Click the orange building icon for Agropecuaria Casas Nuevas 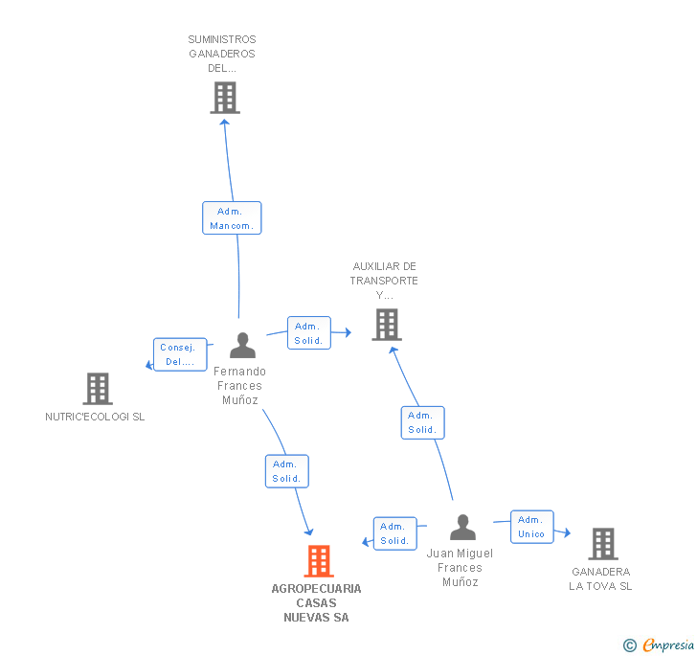click(318, 561)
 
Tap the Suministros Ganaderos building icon click(225, 98)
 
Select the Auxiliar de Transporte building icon click(386, 325)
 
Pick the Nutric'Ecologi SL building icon click(98, 389)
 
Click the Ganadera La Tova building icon click(602, 544)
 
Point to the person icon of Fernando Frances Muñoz click(243, 346)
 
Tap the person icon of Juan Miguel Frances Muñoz click(462, 528)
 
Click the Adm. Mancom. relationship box click(232, 218)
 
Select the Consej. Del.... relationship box click(179, 354)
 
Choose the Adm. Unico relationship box click(531, 527)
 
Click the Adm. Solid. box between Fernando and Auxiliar click(308, 333)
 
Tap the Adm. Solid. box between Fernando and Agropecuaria click(286, 471)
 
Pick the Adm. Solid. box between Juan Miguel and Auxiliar click(422, 422)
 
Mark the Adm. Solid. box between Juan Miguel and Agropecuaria click(393, 533)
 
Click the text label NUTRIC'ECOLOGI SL click(95, 417)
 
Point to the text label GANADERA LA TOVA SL click(600, 578)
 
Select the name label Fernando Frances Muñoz click(239, 385)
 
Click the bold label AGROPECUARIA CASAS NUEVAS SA click(316, 603)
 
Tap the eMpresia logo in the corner click(668, 645)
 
